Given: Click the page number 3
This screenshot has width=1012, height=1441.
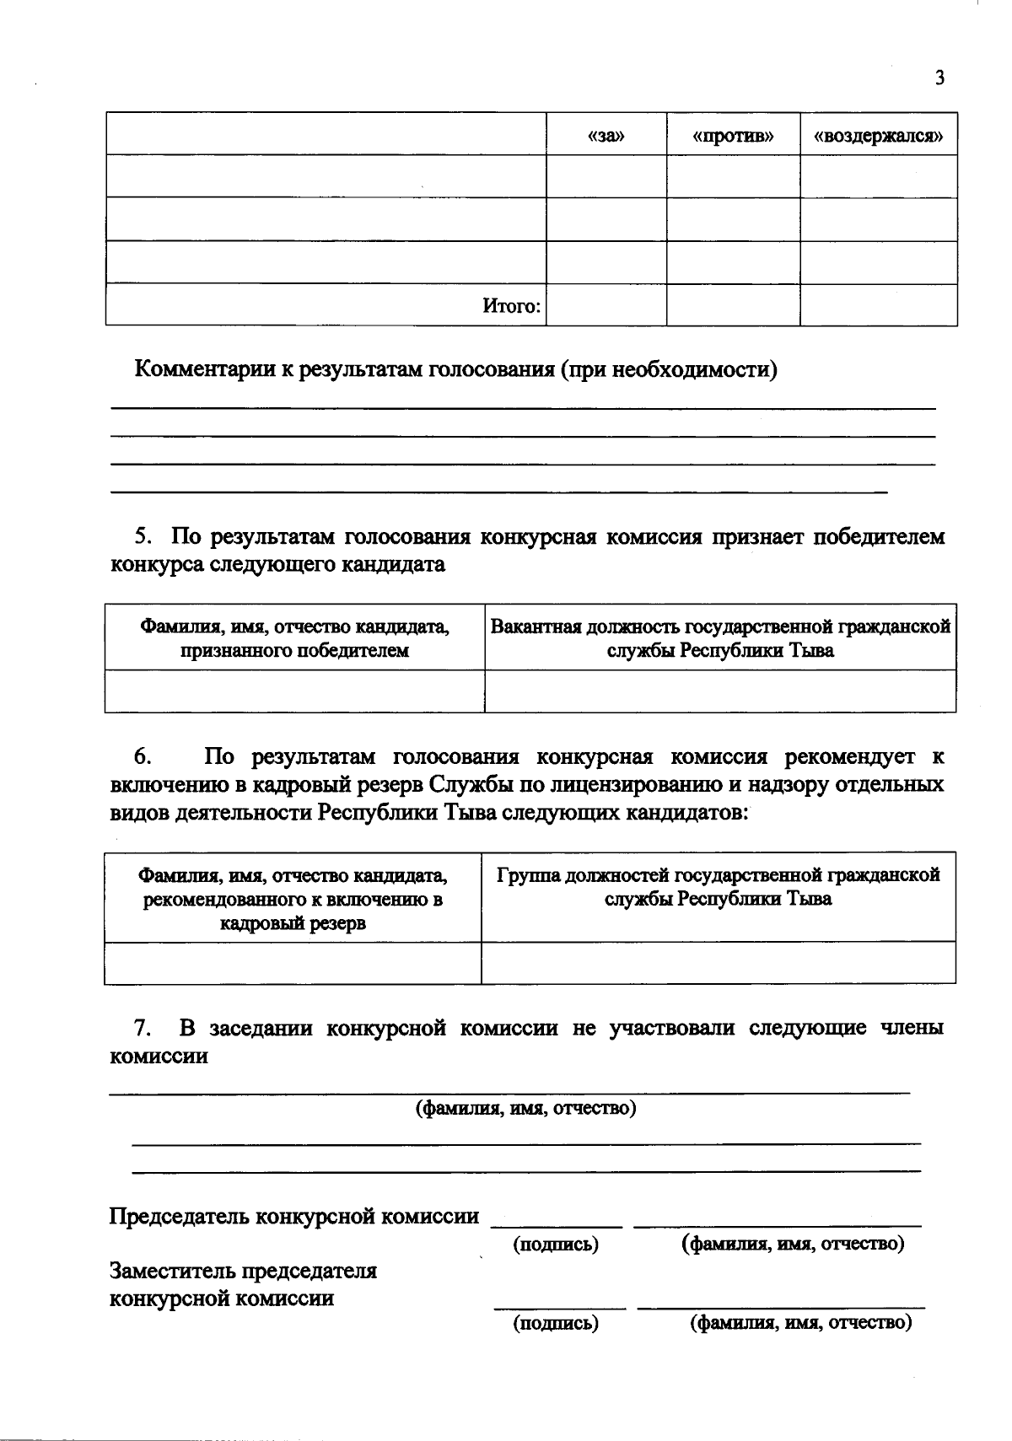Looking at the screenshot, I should click(x=939, y=78).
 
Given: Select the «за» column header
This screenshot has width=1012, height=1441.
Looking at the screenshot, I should click(x=606, y=135).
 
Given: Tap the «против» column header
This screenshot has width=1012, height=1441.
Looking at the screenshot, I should click(x=733, y=135).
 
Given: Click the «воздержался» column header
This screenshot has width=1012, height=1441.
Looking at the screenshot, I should click(x=878, y=135).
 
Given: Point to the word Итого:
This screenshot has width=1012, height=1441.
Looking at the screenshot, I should click(x=511, y=306).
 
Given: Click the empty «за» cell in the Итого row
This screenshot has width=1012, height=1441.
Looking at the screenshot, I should click(x=606, y=304).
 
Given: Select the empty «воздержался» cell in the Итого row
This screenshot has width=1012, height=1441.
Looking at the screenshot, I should click(x=878, y=304).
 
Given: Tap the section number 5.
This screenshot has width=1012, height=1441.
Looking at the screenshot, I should click(x=143, y=536).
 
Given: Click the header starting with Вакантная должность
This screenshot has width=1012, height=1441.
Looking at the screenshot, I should click(x=720, y=638).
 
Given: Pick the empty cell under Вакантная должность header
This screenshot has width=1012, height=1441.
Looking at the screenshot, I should click(x=720, y=691).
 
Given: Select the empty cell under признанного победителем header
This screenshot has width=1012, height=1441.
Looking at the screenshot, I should click(x=294, y=691).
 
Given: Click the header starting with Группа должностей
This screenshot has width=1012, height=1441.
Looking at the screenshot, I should click(x=719, y=886).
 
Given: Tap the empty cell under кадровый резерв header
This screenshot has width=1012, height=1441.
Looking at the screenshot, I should click(x=293, y=963).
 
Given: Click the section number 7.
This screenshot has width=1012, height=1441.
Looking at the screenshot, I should click(x=143, y=1028).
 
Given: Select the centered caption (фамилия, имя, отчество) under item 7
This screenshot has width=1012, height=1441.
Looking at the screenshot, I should click(x=525, y=1107).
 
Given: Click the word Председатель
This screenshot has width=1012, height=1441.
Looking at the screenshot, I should click(x=179, y=1216).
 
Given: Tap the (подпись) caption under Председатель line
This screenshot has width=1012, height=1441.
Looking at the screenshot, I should click(x=556, y=1244).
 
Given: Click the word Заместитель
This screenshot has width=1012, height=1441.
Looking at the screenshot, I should click(x=175, y=1270).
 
